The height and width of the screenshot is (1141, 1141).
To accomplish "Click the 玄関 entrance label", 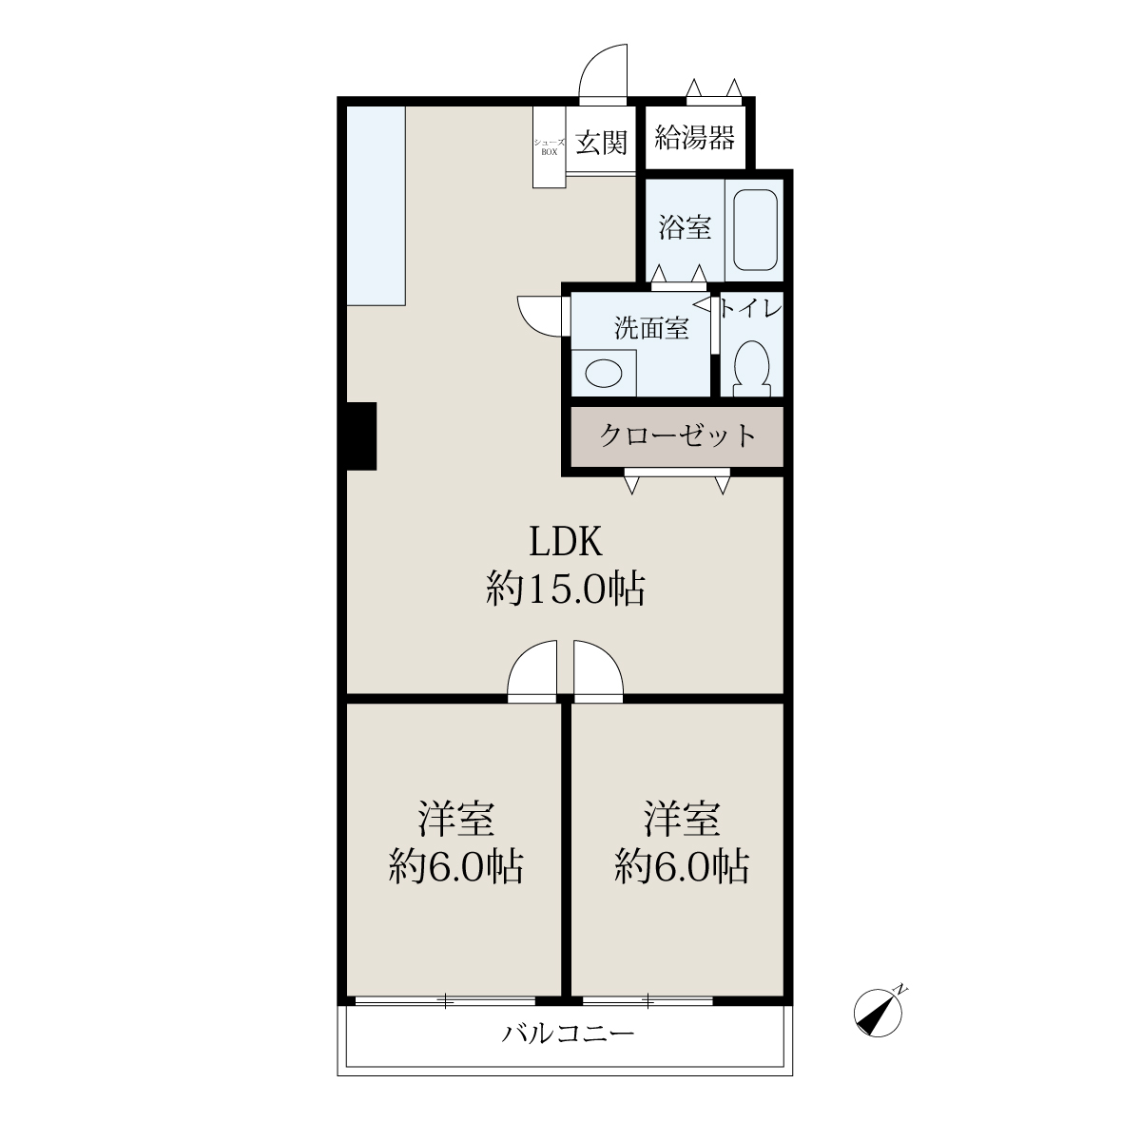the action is click(x=600, y=142).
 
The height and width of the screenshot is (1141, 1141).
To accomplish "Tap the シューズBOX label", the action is click(x=549, y=146).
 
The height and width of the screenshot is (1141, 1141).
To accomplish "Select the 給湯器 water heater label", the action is click(x=694, y=137).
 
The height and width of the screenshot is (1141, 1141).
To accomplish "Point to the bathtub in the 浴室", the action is click(x=755, y=230).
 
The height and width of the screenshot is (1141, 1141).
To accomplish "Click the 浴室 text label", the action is click(x=685, y=227).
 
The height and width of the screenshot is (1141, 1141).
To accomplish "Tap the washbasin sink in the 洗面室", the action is click(x=604, y=374).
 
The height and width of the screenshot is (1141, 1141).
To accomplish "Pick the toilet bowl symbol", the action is click(x=752, y=368).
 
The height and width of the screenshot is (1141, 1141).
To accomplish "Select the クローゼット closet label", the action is click(x=677, y=435).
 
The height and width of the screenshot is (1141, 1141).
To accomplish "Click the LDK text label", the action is click(x=565, y=542).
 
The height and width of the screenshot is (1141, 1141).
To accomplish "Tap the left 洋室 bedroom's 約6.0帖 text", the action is click(x=455, y=867).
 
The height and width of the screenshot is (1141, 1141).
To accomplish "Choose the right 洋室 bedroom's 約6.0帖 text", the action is click(x=682, y=867).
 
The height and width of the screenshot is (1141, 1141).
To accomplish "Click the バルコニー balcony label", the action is click(x=568, y=1034).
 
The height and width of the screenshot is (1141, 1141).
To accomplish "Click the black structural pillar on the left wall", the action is click(x=361, y=435).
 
